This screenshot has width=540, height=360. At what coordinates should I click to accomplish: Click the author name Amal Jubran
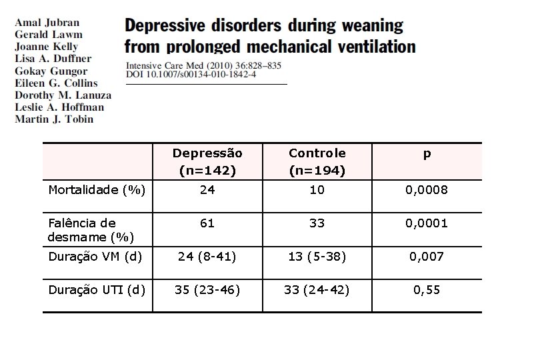47,22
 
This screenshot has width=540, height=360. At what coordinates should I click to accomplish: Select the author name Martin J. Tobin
54,119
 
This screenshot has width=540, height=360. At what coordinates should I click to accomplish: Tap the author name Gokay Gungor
51,71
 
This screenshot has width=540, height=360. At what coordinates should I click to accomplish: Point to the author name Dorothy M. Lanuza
63,95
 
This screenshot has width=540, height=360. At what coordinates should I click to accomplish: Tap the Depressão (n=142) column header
207,162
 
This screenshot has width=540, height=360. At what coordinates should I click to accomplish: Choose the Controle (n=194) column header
317,162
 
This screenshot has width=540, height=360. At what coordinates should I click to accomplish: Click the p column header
427,154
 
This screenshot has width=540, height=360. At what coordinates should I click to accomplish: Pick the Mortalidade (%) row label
97,190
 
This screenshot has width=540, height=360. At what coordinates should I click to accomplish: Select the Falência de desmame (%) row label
91,230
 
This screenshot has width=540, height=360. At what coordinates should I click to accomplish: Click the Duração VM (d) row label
95,257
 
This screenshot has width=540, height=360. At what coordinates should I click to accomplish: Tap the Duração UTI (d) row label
96,289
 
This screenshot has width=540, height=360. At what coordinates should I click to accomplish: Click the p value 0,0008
427,190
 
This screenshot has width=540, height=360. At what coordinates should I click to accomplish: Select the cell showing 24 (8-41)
207,257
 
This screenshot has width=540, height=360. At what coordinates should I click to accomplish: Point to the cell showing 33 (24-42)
317,289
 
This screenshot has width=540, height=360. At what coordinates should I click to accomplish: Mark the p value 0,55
427,289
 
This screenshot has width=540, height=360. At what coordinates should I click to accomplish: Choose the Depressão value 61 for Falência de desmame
207,223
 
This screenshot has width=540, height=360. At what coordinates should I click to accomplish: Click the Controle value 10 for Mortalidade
317,190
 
